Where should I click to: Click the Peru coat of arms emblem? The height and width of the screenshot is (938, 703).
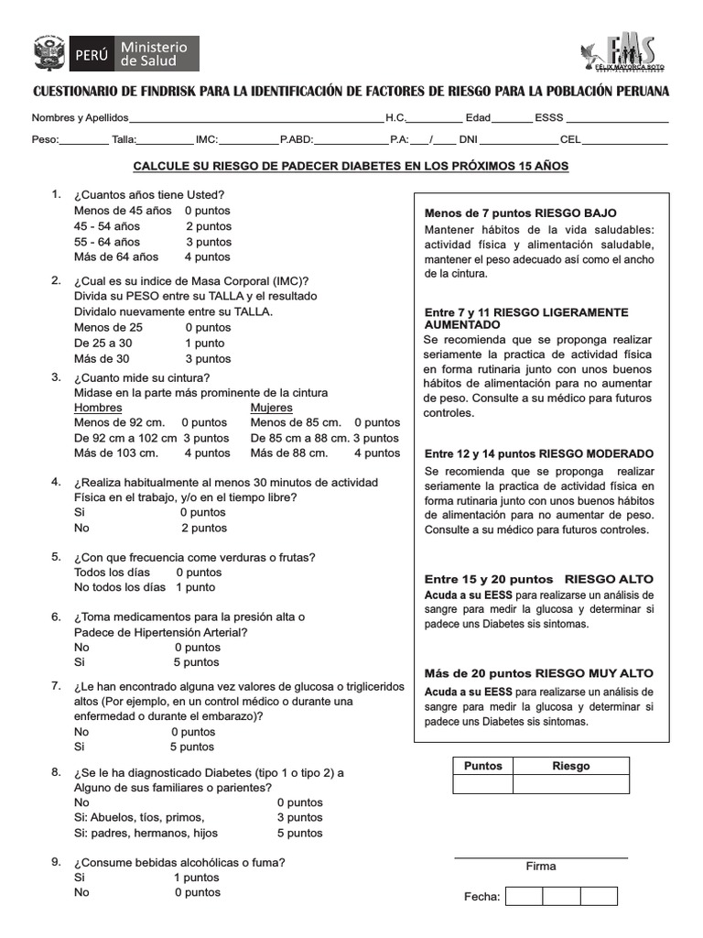[x=49, y=53]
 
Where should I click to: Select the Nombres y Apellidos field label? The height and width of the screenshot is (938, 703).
[x=81, y=118]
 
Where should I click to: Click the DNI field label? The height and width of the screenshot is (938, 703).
[x=468, y=140]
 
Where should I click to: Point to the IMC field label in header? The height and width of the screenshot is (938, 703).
[x=206, y=140]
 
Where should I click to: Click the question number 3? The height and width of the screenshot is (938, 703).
[x=56, y=376]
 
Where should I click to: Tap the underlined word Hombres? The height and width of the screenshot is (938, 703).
[x=97, y=408]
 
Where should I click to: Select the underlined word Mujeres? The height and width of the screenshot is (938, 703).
[x=272, y=408]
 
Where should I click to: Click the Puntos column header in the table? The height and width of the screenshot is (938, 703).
[x=483, y=766]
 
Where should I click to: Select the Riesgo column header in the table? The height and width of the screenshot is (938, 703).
[x=571, y=766]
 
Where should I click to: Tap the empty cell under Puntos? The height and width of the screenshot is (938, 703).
[x=483, y=784]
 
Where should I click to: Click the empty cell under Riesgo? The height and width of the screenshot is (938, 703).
[x=571, y=784]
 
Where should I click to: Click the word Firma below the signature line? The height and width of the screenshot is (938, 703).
[x=541, y=866]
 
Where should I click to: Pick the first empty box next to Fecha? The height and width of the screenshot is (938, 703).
[x=525, y=896]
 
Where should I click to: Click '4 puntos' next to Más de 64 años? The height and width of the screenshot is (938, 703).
[x=208, y=256]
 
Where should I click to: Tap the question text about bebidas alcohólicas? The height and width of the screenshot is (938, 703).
[x=179, y=862]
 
